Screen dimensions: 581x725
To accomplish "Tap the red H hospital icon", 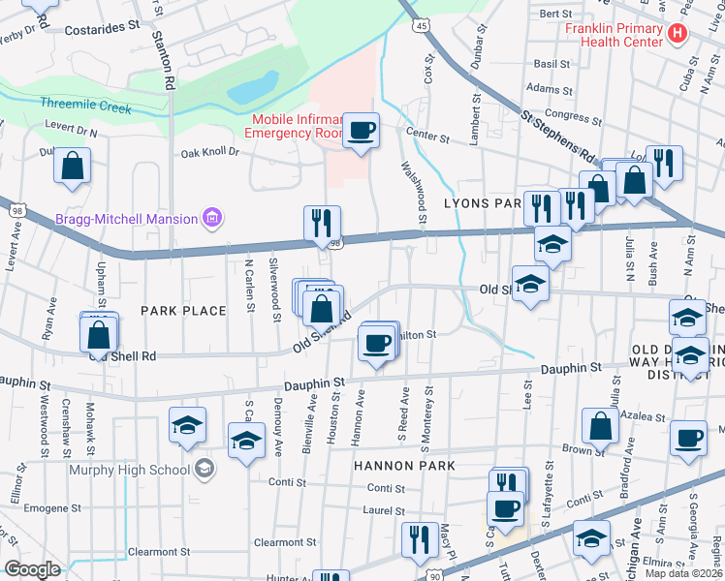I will tap(678, 33).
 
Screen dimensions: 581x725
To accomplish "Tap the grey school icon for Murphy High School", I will tap(204, 470).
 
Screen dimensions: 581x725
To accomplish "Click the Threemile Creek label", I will tap(85, 107).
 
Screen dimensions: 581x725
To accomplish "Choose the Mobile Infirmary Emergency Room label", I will tap(297, 126).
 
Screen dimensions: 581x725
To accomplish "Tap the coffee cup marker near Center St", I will tap(361, 130).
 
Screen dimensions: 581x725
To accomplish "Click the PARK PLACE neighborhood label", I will tap(183, 311).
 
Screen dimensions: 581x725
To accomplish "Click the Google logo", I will tap(32, 569).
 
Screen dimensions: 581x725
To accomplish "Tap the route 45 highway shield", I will tap(418, 26).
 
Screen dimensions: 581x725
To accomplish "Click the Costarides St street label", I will tap(103, 30).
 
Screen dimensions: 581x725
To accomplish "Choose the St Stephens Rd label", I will tap(557, 136).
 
